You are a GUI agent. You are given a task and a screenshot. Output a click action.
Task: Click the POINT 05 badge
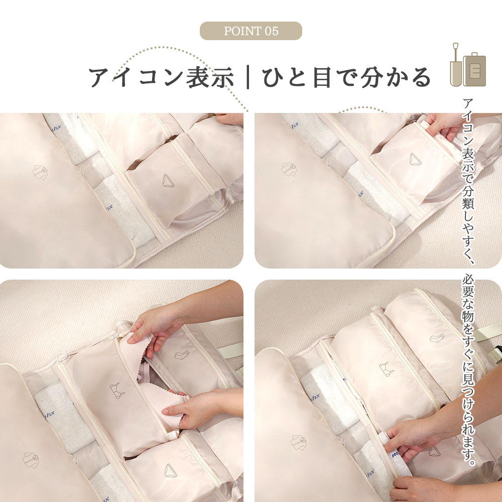pos(250,31)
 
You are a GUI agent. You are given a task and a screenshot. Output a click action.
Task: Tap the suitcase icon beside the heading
pos(474,69)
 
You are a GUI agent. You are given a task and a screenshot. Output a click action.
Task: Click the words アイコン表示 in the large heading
pos(161,77)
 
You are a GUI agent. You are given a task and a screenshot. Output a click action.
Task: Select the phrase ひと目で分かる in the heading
pos(347,77)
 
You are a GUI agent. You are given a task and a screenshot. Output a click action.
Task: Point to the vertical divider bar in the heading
pos(248,77)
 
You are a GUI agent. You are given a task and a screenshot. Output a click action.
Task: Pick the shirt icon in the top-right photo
pos(289,169)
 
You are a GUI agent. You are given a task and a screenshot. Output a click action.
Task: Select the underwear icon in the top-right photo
pos(415,159)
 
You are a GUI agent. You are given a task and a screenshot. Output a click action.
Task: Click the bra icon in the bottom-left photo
pos(117,390)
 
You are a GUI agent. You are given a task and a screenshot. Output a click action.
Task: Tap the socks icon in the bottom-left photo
pos(182,355)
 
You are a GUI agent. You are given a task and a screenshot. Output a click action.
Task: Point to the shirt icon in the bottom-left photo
pos(31,460)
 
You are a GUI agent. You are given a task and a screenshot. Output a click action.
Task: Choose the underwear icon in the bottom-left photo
pos(170,471)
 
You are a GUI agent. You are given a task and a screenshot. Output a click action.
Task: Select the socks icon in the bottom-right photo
pos(437,338)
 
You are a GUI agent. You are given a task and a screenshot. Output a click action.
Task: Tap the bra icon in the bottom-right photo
pos(387,369)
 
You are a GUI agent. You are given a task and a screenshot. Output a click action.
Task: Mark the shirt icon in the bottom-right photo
pos(298,443)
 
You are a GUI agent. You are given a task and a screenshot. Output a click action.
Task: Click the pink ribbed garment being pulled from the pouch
pos(157,384)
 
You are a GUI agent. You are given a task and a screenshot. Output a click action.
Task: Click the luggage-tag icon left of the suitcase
pos(456,65)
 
